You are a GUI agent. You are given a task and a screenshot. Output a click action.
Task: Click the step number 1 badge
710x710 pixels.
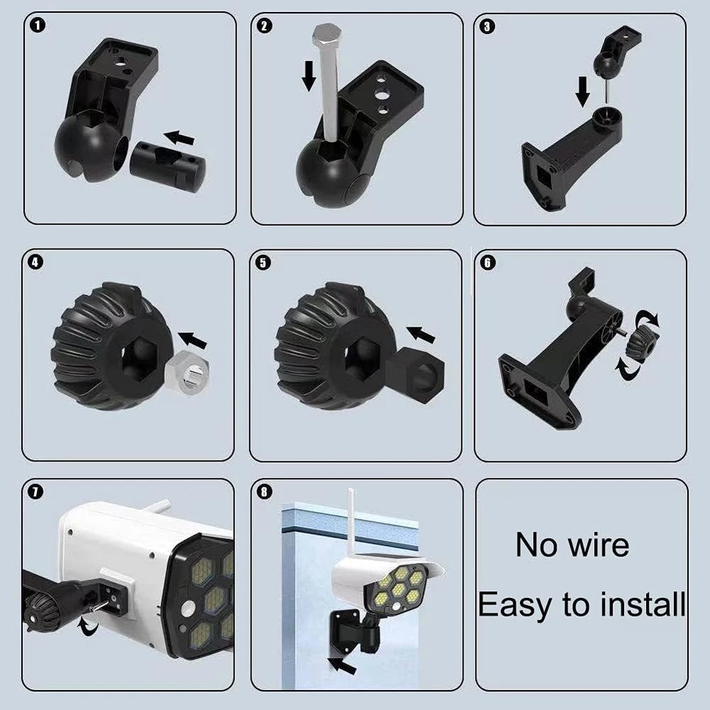(x=38, y=26)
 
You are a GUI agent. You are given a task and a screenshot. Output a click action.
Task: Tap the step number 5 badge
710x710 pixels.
(x=263, y=263)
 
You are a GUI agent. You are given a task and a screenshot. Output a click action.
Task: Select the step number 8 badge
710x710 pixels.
(x=264, y=491)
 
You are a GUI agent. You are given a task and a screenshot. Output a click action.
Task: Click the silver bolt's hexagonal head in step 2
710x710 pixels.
(x=327, y=34)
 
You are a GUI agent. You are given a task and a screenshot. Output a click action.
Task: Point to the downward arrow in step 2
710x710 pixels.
(x=309, y=76)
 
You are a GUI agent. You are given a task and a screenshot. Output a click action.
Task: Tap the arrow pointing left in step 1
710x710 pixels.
(x=180, y=138)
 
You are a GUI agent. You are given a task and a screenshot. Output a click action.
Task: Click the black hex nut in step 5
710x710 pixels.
(x=415, y=373)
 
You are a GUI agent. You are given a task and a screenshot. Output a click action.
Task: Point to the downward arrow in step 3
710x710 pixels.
(x=583, y=91)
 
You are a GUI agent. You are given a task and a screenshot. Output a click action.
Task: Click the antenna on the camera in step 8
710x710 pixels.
(x=351, y=522)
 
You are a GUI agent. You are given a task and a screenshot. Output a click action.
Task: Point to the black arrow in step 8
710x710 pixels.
(x=342, y=666)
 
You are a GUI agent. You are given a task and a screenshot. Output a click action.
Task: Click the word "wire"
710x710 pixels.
(x=599, y=545)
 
